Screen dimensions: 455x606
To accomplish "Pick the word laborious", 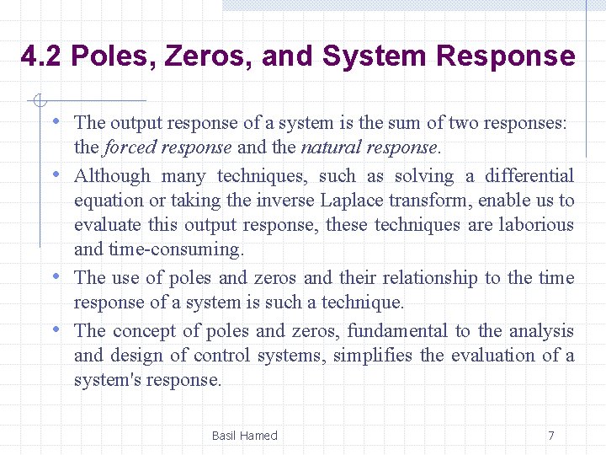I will pyautogui.click(x=536, y=225).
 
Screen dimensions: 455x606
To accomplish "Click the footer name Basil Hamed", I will pyautogui.click(x=244, y=436).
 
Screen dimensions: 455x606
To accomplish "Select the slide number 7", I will pyautogui.click(x=551, y=436).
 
